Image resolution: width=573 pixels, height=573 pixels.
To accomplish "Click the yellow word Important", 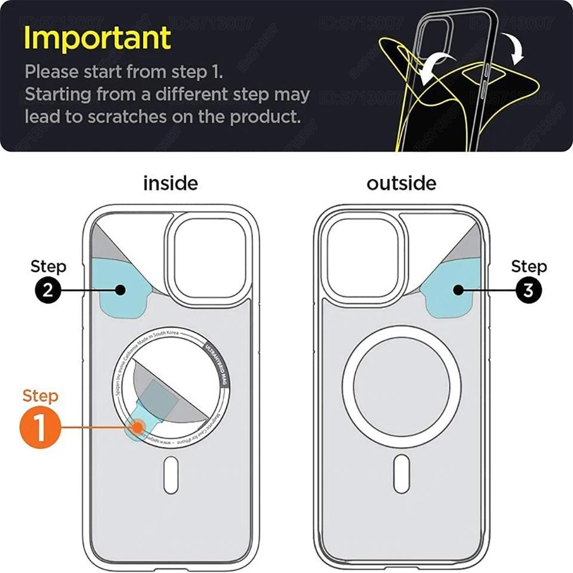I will [97, 38].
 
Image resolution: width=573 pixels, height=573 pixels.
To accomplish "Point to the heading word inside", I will [170, 183].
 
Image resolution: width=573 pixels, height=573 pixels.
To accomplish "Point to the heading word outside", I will [401, 183].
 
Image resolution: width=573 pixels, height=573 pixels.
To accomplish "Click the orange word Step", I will [41, 396].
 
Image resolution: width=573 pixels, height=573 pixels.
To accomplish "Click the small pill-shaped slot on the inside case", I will [171, 475].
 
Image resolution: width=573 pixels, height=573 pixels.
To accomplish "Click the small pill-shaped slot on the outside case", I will [401, 475].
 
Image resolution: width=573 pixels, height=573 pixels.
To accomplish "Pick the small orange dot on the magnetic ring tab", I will [138, 427].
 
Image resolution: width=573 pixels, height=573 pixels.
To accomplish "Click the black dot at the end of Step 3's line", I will [458, 290].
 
